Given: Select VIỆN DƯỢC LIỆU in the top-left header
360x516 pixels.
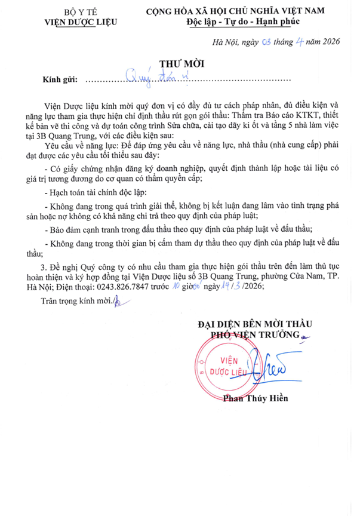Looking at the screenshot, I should coord(81,23).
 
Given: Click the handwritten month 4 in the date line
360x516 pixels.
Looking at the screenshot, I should coord(294,41).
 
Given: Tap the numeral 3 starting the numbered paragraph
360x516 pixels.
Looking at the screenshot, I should coord(42,265).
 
